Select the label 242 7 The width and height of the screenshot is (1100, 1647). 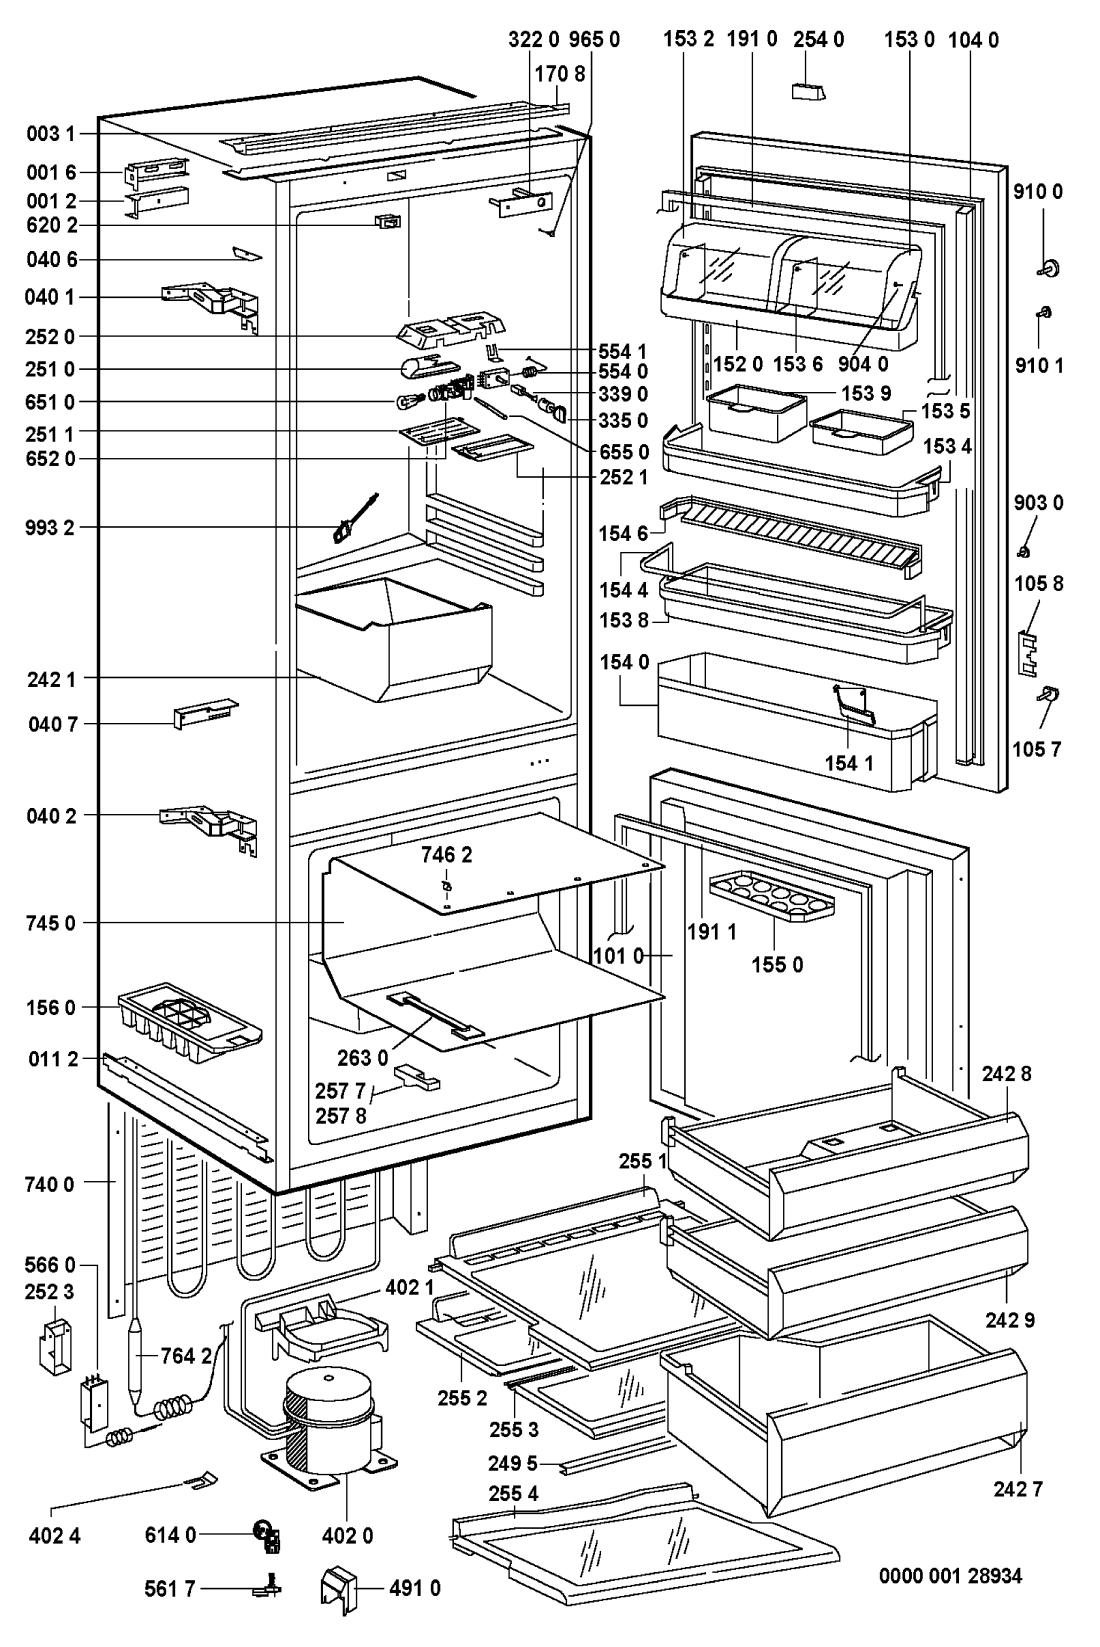click(1018, 1489)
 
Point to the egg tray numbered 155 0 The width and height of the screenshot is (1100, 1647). click(771, 894)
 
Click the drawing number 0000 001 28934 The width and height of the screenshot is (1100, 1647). click(951, 1577)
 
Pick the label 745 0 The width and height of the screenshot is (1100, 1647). click(51, 923)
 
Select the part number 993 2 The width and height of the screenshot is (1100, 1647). click(51, 527)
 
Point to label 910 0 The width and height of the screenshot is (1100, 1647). click(1038, 190)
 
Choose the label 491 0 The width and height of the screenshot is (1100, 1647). click(415, 1588)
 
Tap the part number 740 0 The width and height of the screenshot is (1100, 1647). click(51, 1184)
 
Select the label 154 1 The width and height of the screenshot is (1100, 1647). click(848, 763)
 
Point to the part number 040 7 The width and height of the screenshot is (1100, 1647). click(51, 723)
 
